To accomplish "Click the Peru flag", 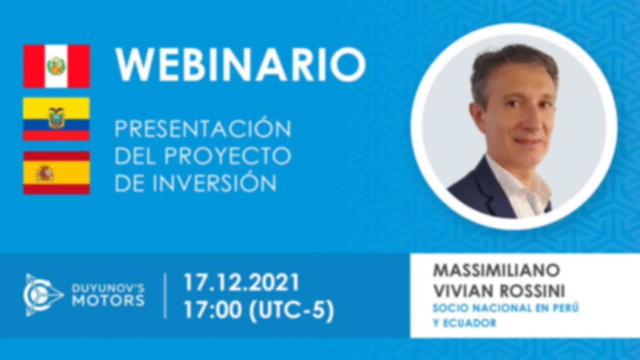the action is [56, 66].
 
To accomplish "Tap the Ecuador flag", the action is [56, 119].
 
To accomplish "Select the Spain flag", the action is [56, 173].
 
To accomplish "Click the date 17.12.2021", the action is [242, 283].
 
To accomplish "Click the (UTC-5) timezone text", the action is [291, 311].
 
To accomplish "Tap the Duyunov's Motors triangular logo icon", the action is [44, 295].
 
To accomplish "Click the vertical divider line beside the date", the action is [166, 296].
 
